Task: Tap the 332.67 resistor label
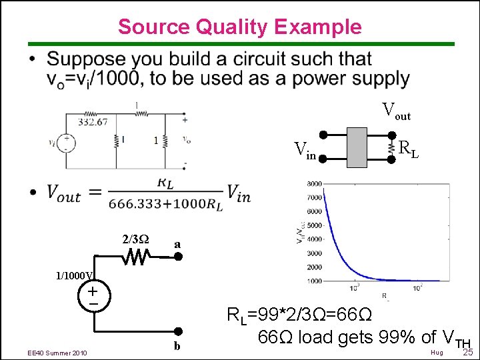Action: [93, 122]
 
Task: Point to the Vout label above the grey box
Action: [396, 111]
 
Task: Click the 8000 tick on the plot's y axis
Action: [315, 184]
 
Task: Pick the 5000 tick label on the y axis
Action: [315, 225]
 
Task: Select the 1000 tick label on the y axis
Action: [315, 281]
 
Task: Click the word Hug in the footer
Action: [437, 351]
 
